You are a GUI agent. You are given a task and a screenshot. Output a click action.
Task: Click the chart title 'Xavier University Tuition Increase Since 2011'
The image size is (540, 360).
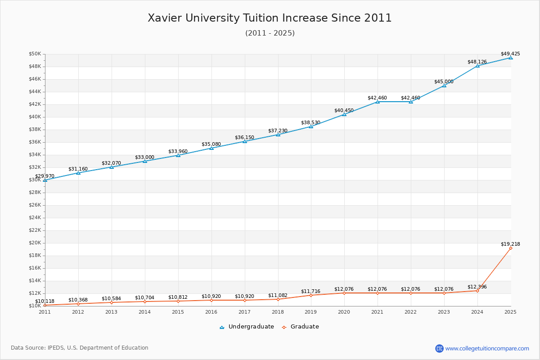[x=270, y=18]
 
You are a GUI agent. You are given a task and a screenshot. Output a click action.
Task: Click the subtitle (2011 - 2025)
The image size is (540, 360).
[x=270, y=33]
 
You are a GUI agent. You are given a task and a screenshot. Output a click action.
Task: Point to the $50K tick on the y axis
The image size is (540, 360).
[x=35, y=54]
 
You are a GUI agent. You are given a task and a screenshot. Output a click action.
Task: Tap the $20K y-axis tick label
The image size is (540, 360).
[x=35, y=243]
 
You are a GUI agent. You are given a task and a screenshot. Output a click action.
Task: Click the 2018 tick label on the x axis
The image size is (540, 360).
[x=278, y=311]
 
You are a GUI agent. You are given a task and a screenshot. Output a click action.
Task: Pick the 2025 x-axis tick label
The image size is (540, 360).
[x=510, y=311]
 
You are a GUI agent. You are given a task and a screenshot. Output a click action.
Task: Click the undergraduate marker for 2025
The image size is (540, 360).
[x=510, y=58]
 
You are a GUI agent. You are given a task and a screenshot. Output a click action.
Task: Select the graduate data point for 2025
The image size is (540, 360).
[x=510, y=248]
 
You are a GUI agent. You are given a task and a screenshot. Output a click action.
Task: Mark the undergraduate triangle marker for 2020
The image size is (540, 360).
[x=344, y=114]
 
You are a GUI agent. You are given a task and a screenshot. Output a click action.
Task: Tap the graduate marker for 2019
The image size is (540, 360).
[x=311, y=295]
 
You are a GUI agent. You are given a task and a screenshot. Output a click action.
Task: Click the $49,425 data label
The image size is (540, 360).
[x=510, y=54]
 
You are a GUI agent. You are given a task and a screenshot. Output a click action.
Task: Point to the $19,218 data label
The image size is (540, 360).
[x=510, y=244]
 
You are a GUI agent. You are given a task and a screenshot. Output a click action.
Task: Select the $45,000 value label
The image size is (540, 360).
[x=444, y=81]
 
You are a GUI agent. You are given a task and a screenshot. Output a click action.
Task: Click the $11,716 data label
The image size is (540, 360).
[x=310, y=291]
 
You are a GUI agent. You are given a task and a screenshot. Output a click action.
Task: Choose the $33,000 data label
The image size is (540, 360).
[x=144, y=157]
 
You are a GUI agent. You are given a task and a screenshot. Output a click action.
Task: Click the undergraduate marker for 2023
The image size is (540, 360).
[x=444, y=85]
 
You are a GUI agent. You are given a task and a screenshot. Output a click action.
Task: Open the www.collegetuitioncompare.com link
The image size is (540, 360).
[x=487, y=348]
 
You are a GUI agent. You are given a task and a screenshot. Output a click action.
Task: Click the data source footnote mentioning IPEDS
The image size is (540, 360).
[x=80, y=348]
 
